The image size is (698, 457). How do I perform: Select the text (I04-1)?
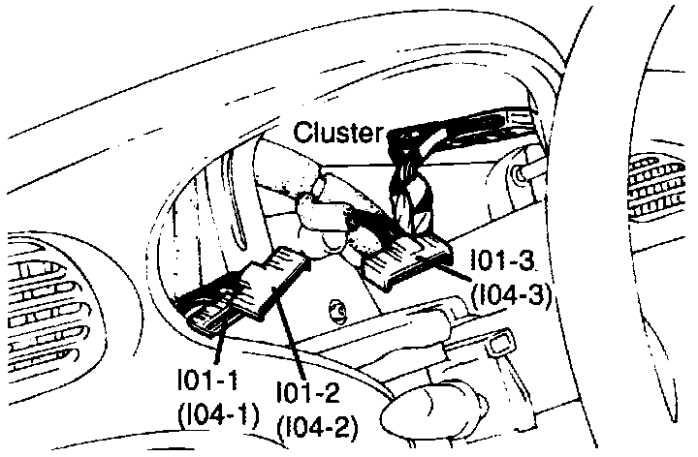tap(216, 417)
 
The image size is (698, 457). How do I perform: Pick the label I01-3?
tap(502, 261)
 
